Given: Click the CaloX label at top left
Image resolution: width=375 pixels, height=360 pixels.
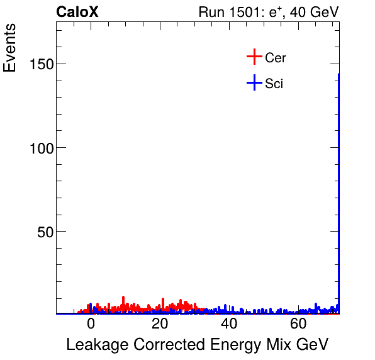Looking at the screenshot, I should coord(77,12).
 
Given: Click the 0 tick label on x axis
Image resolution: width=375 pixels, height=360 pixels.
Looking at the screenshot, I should coord(91,324).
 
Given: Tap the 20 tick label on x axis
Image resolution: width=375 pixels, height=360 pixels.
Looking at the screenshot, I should coord(160,324).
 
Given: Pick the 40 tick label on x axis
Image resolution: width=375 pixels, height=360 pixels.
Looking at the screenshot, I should coord(229,324).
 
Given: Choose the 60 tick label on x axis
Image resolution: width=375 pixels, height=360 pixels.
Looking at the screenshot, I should coord(298,324).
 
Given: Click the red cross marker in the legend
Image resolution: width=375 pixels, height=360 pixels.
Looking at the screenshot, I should coord(254,57).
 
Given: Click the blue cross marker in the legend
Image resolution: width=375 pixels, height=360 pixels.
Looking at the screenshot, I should coord(254,82).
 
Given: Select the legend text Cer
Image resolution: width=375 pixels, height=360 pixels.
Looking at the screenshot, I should coord(276,58).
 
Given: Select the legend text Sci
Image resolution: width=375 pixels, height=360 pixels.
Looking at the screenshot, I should coord(274,83).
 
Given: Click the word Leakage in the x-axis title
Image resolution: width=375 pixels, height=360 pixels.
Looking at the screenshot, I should coord(94,345).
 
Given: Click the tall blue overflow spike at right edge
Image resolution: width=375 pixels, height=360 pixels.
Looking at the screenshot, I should coord(339,189).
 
